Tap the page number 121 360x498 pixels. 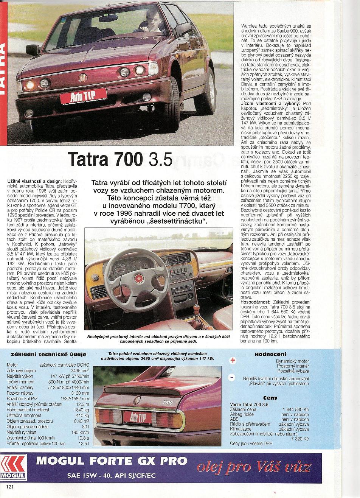[9, 486]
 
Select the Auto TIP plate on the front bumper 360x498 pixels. [83, 96]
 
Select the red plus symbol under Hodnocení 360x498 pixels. [233, 361]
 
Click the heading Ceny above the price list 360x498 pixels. [270, 398]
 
